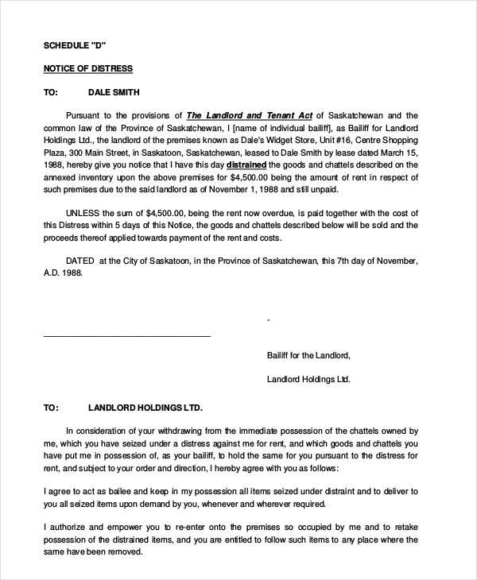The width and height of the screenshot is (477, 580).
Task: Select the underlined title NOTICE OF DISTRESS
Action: click(x=87, y=68)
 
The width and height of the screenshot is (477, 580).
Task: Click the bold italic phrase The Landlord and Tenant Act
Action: click(x=239, y=114)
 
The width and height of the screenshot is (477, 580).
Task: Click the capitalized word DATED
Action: click(x=79, y=260)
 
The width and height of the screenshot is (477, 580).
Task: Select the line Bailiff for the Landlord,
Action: click(x=308, y=355)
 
